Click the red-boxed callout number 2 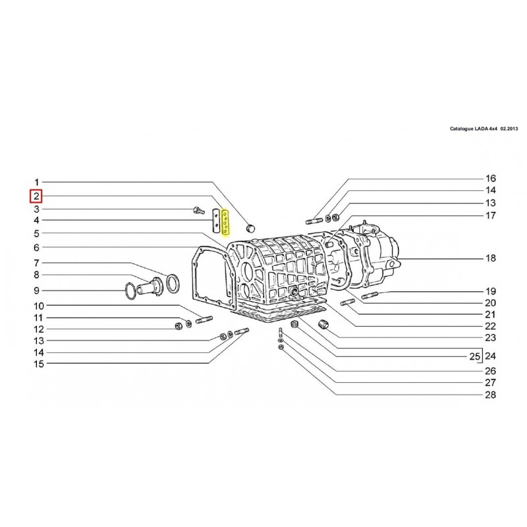click(37, 196)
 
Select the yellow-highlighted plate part click(225, 222)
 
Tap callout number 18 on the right click(490, 259)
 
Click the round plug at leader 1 click(250, 227)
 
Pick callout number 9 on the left click(37, 291)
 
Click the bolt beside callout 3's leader click(198, 211)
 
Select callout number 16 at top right click(490, 179)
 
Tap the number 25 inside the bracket click(473, 356)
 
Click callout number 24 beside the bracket click(490, 356)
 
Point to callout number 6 click(37, 248)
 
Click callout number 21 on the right click(490, 315)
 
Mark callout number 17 click(490, 215)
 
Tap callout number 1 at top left click(37, 182)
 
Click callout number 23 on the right click(490, 338)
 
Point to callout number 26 click(490, 370)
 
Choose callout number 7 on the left click(37, 263)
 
